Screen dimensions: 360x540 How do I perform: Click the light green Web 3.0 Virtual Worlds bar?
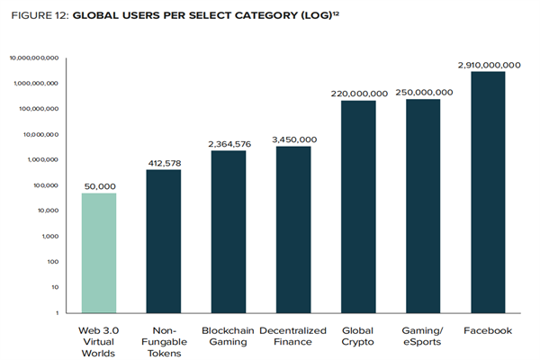click(98, 253)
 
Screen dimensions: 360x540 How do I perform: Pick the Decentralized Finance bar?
click(293, 229)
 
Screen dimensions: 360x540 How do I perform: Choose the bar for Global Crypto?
click(358, 206)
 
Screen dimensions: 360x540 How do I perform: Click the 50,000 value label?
click(98, 186)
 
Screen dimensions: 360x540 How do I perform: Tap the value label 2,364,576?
click(229, 143)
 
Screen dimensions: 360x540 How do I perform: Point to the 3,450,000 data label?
click(293, 139)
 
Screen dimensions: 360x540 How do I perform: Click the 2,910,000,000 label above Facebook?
click(488, 65)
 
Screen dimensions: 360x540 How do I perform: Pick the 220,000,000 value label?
click(358, 94)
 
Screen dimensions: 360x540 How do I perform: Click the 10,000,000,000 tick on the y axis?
click(34, 58)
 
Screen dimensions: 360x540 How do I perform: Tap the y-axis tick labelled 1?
click(57, 312)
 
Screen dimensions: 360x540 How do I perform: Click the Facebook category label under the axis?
click(488, 331)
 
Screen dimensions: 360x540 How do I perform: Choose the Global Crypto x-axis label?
click(358, 337)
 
